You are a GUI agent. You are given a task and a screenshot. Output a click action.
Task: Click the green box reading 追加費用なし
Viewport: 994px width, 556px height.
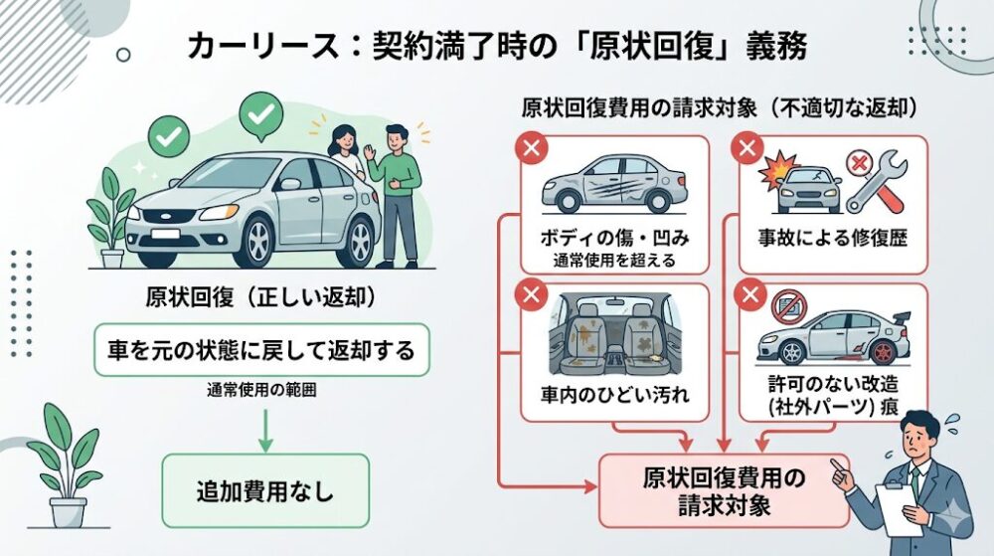(x=264, y=490)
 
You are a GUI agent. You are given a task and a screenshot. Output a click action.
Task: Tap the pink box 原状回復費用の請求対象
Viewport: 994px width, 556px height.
(x=723, y=491)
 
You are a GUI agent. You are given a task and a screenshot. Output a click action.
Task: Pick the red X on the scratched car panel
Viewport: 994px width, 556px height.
(x=533, y=150)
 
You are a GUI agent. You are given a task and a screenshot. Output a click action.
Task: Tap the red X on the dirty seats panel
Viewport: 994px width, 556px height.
(x=533, y=294)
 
